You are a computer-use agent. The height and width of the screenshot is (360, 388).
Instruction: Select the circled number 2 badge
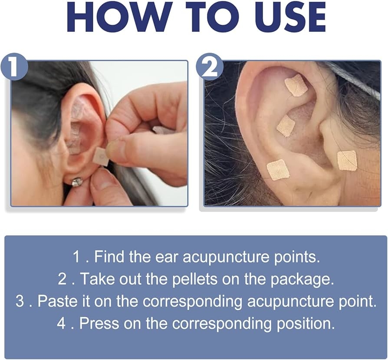pyautogui.click(x=210, y=67)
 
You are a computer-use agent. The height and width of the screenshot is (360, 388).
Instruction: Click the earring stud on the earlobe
pyautogui.click(x=77, y=182)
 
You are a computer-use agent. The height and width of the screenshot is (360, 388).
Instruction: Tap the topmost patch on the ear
pyautogui.click(x=296, y=85)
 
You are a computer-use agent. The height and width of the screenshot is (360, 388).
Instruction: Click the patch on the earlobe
pyautogui.click(x=278, y=169)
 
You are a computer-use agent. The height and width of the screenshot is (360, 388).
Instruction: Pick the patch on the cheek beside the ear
pyautogui.click(x=347, y=160)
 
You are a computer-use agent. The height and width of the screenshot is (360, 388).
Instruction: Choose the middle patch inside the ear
pyautogui.click(x=286, y=126)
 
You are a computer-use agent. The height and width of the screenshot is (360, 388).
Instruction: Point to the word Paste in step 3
pyautogui.click(x=55, y=301)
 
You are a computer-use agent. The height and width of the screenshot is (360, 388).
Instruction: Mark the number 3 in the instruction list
pyautogui.click(x=20, y=301)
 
